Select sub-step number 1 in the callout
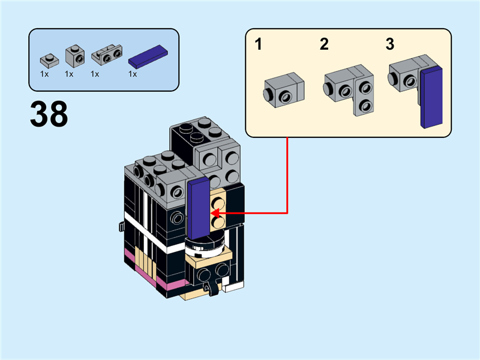pyautogui.click(x=259, y=44)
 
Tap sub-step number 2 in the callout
pyautogui.click(x=324, y=44)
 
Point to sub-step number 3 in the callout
pyautogui.click(x=390, y=44)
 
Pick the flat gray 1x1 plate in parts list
pyautogui.click(x=49, y=59)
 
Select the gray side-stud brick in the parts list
pyautogui.click(x=75, y=56)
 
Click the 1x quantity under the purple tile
pyautogui.click(x=133, y=74)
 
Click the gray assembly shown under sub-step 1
pyautogui.click(x=283, y=89)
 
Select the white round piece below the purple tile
pyautogui.click(x=206, y=245)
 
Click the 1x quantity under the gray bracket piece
pyautogui.click(x=95, y=74)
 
